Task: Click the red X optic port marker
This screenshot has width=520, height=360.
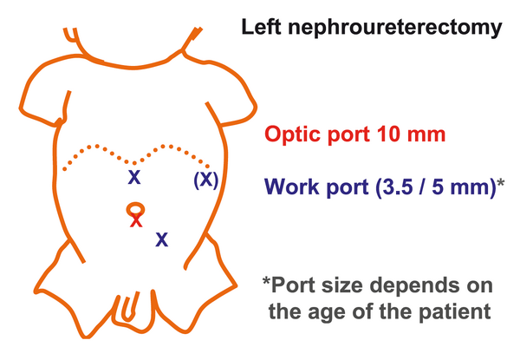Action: (136, 221)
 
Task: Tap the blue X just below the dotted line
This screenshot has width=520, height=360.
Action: (134, 178)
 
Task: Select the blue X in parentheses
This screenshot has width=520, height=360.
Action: (206, 180)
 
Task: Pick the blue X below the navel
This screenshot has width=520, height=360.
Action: (162, 239)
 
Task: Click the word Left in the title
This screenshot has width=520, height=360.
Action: (262, 27)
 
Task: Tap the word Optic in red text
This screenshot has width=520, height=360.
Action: (294, 135)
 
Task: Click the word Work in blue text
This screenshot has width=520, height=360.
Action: (292, 187)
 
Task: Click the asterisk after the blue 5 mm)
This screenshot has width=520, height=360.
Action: (501, 182)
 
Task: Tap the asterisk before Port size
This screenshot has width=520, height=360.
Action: (266, 281)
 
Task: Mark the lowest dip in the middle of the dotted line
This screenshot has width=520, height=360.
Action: (134, 163)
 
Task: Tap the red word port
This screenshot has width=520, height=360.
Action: (349, 136)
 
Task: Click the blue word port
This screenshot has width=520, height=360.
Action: (348, 188)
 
